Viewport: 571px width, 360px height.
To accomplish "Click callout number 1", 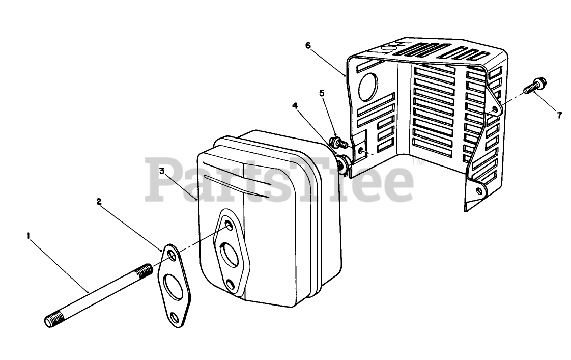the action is click(x=29, y=235).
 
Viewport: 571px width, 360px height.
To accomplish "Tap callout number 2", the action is click(x=99, y=201).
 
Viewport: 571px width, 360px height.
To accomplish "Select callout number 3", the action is click(x=162, y=171).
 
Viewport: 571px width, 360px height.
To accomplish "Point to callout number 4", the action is click(x=295, y=106).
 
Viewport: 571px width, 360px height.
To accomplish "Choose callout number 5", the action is click(x=322, y=93).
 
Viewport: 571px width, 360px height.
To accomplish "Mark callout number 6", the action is click(x=308, y=45).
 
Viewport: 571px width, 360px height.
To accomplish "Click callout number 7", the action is click(x=559, y=116).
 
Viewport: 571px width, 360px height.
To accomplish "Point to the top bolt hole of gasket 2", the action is click(x=170, y=254).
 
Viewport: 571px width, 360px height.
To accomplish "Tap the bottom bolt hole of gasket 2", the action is click(x=175, y=318).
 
